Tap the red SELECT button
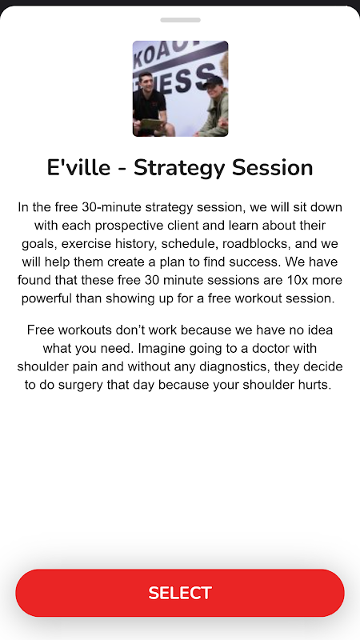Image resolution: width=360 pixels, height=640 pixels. click(x=180, y=593)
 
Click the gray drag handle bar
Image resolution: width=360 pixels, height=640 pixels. click(x=181, y=20)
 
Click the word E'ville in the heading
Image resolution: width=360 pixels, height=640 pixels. click(x=78, y=168)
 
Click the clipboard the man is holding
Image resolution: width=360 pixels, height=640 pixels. click(x=152, y=124)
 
